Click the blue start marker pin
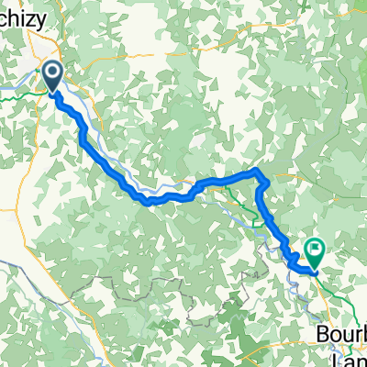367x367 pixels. (x=54, y=76)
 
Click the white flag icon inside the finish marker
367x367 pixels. (x=316, y=245)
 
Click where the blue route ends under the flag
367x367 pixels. (x=315, y=272)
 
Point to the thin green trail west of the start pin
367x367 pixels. (x=18, y=91)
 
